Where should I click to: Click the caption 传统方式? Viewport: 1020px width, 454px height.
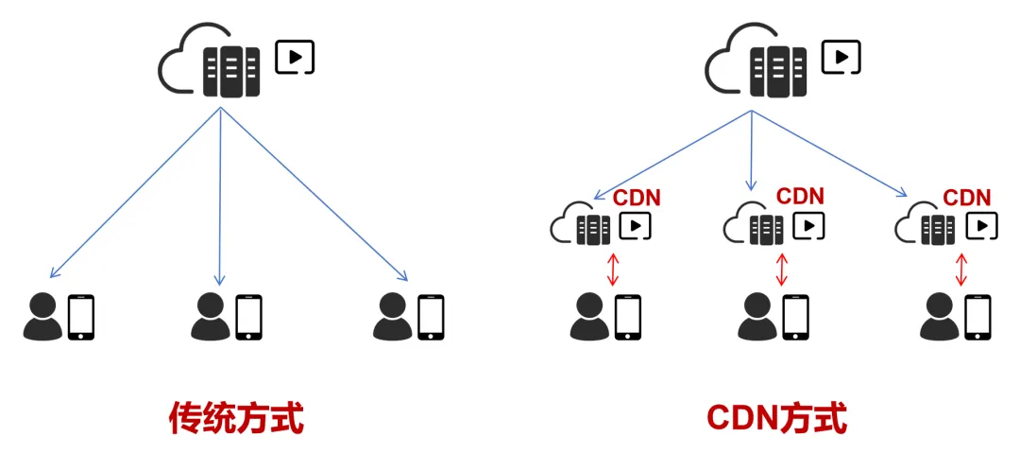[236, 418]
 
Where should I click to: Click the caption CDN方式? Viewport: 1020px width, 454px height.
[776, 418]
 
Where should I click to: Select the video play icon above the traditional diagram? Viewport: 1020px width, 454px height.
[295, 57]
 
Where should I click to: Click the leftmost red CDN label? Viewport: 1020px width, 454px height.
[637, 198]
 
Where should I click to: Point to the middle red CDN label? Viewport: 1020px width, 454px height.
[800, 196]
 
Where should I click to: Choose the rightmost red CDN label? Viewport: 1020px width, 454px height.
[967, 198]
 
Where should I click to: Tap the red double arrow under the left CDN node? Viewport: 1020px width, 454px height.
[613, 268]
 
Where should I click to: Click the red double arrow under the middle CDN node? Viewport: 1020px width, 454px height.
[780, 268]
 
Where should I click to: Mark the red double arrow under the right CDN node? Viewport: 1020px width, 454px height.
[961, 268]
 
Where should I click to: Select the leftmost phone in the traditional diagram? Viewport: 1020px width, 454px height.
[82, 317]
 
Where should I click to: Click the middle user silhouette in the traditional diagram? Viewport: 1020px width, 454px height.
[210, 317]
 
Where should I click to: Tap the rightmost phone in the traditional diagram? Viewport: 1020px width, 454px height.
[432, 317]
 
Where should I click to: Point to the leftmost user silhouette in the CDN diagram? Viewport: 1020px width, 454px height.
[589, 317]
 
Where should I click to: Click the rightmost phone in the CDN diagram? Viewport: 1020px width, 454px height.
[978, 317]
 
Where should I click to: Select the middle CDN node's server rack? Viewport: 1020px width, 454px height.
[766, 228]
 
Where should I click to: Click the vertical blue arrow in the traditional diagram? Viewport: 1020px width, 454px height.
[220, 199]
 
